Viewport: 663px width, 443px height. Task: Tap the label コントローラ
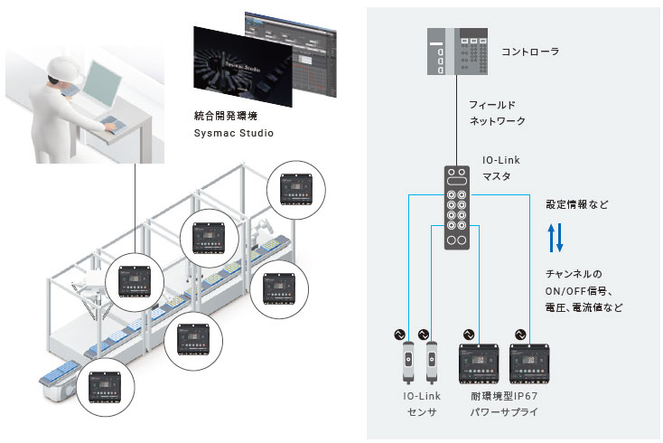click(529, 52)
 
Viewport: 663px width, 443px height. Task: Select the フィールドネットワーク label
click(496, 112)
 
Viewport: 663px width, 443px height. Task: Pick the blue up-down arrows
click(556, 239)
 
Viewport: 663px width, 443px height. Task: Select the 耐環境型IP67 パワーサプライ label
click(503, 403)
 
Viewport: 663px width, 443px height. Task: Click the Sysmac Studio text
click(234, 133)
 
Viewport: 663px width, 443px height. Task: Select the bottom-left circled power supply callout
click(105, 386)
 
